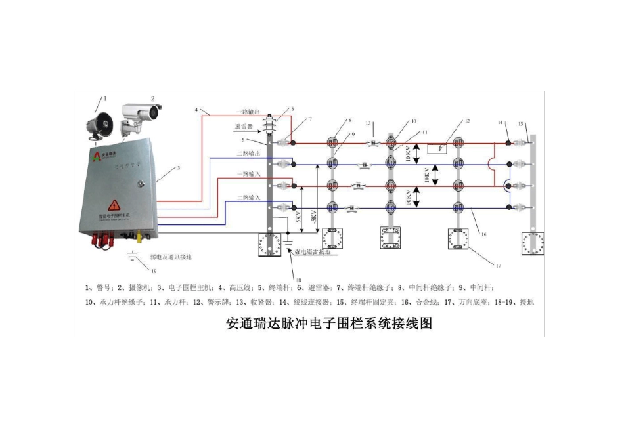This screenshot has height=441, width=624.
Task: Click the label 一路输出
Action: pos(248,112)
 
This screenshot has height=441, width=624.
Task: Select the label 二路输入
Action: pos(248,197)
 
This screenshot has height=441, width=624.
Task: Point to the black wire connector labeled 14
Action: pos(508,142)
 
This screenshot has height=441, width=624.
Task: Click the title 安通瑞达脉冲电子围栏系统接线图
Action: pos(328,323)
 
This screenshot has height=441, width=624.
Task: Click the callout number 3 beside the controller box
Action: pos(177,169)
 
